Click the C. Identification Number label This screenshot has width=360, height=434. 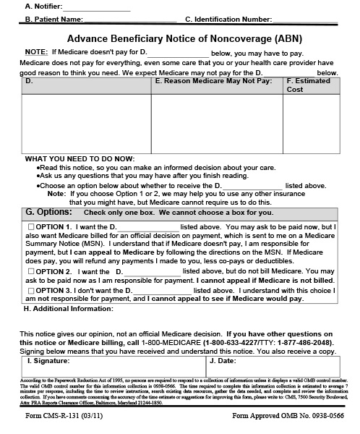point(228,20)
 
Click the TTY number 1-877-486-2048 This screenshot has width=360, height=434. point(307,343)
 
